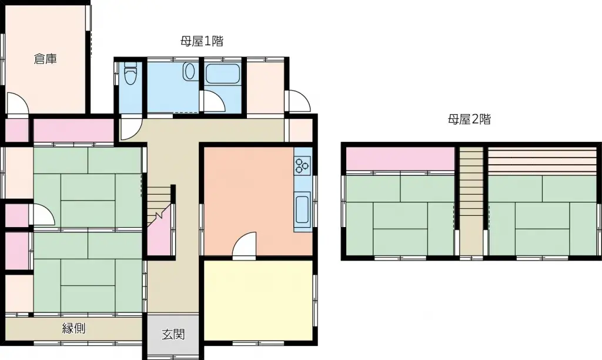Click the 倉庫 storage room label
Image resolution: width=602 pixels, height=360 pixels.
(x=45, y=59)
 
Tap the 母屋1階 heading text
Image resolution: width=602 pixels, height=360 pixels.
(x=202, y=41)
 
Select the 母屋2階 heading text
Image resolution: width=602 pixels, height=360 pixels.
(x=469, y=120)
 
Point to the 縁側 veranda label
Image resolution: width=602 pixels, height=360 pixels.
(x=74, y=328)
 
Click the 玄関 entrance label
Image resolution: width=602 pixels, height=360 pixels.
(x=173, y=335)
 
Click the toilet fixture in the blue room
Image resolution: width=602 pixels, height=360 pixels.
(x=130, y=74)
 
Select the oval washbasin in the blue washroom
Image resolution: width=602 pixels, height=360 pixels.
(x=189, y=72)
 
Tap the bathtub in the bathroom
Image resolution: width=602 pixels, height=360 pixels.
(x=223, y=74)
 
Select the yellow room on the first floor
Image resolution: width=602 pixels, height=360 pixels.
(x=258, y=299)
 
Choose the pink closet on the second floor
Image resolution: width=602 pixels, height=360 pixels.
(x=400, y=158)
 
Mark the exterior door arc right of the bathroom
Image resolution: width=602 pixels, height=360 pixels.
(x=299, y=101)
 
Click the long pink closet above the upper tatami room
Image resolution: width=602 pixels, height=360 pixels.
(x=73, y=130)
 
